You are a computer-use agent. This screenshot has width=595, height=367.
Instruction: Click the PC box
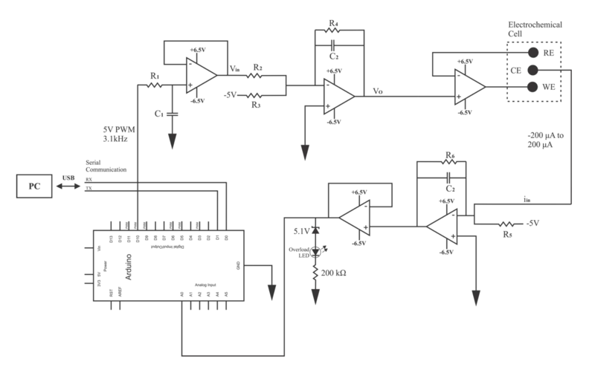35,186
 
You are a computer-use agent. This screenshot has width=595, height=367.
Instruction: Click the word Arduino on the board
118,263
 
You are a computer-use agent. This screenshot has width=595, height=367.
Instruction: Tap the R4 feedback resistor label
333,23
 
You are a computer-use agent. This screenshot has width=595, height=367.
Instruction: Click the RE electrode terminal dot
533,53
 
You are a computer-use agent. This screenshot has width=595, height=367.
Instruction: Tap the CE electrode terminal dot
533,71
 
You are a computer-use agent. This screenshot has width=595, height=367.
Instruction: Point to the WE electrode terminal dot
533,88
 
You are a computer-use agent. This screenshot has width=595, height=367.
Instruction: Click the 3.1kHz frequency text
117,138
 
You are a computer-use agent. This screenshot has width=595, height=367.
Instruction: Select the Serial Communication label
106,165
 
